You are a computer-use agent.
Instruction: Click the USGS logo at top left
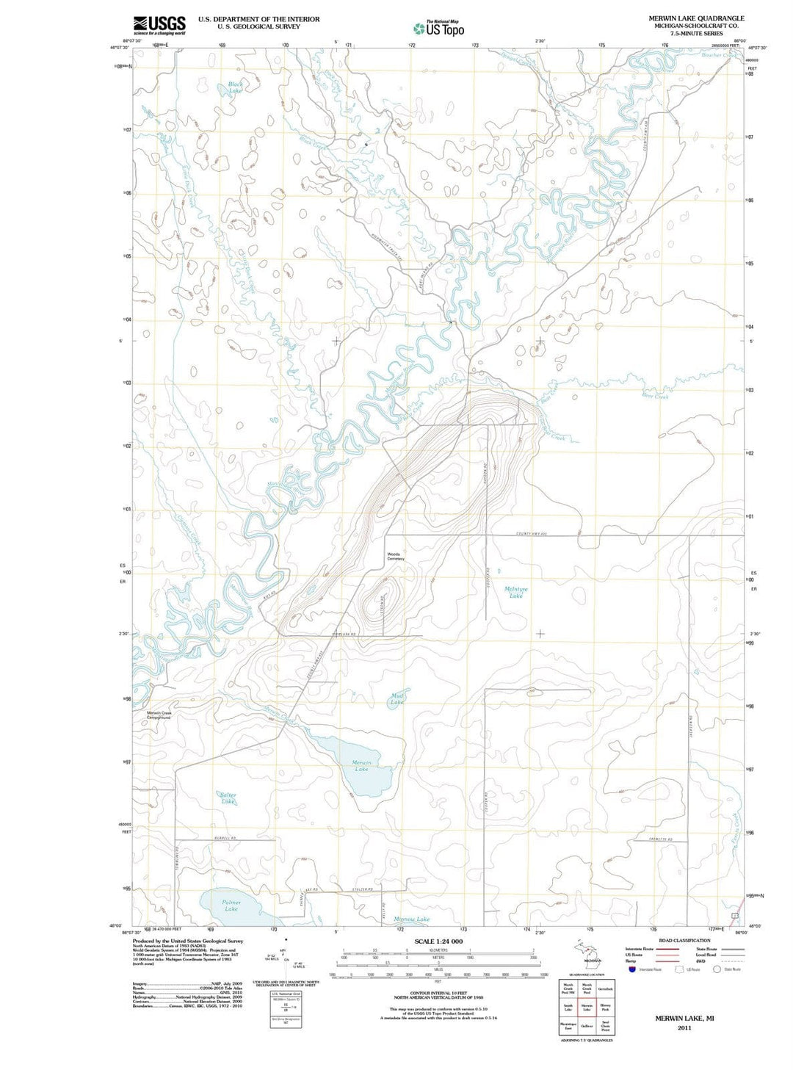click(x=159, y=25)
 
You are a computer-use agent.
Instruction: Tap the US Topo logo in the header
click(x=438, y=29)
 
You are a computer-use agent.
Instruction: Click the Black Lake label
click(x=235, y=87)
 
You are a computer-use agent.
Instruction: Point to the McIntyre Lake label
click(x=516, y=592)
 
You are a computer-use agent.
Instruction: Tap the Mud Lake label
click(x=397, y=698)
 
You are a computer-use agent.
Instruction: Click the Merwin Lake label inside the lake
click(x=361, y=765)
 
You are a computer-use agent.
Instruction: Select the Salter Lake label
click(x=228, y=798)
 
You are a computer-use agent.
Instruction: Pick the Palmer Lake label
click(x=231, y=905)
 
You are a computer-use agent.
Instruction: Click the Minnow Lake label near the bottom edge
click(x=411, y=919)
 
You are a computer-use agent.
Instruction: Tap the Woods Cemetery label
click(x=395, y=557)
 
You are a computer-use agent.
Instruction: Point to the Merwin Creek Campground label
click(x=159, y=715)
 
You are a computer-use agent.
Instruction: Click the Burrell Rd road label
click(x=225, y=838)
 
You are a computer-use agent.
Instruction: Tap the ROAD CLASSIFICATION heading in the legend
click(x=684, y=940)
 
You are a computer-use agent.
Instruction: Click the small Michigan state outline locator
click(x=590, y=952)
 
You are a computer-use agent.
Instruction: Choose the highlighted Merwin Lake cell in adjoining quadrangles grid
click(x=587, y=1008)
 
